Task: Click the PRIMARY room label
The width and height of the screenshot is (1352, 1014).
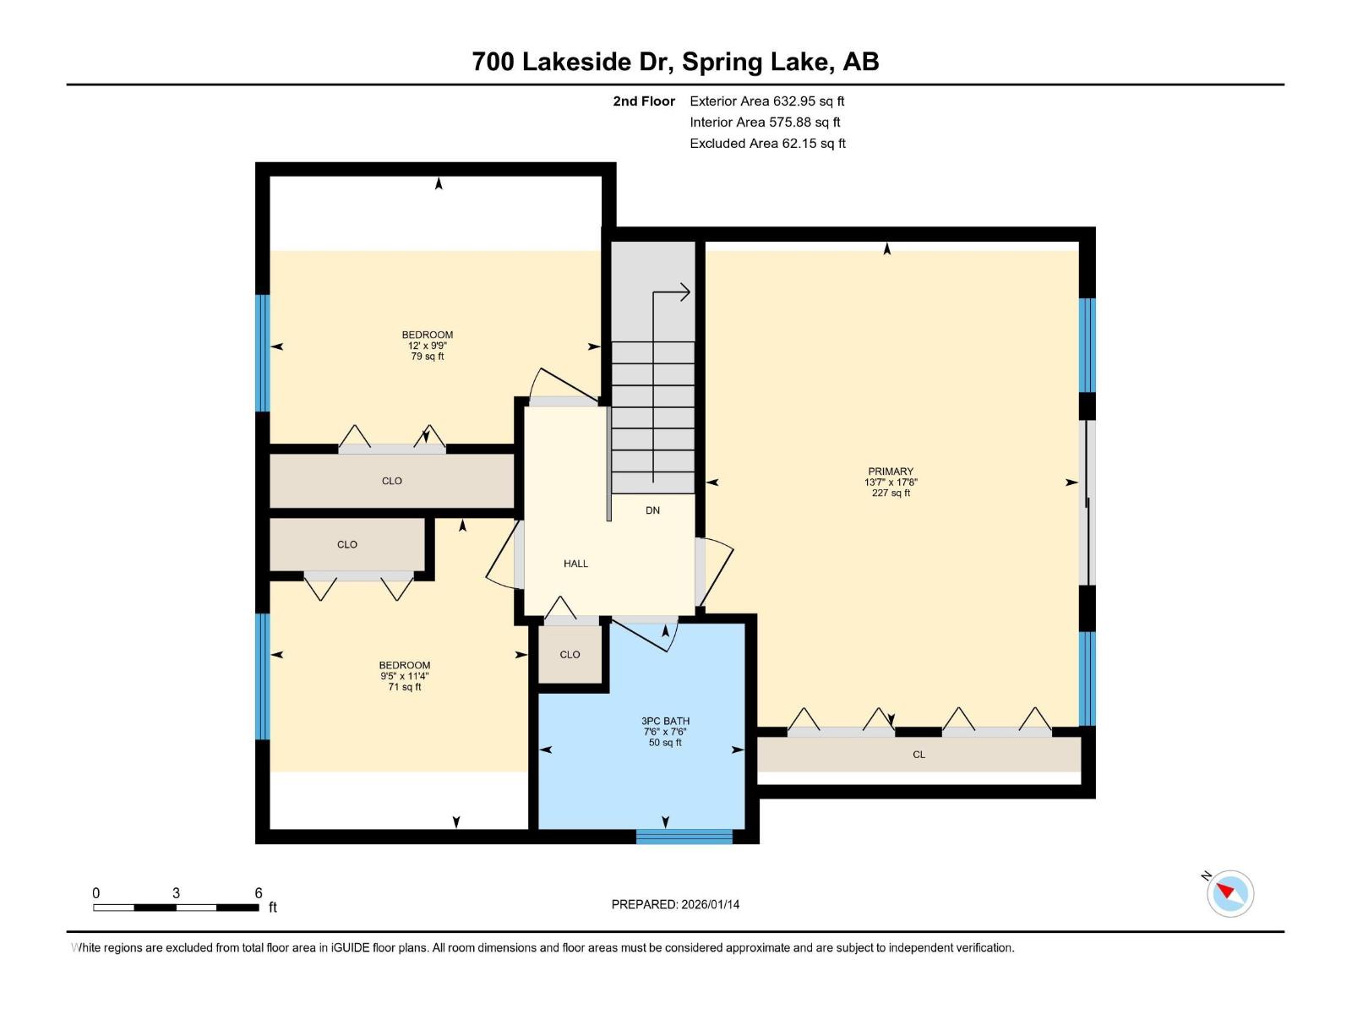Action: [x=891, y=472]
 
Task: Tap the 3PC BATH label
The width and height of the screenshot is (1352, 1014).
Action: [x=665, y=721]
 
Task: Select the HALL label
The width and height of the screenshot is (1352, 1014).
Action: [x=575, y=564]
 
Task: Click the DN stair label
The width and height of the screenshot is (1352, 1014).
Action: [x=652, y=510]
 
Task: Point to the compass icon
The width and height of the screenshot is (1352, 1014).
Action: [x=1229, y=893]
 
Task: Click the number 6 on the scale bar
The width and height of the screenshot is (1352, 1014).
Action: [x=259, y=893]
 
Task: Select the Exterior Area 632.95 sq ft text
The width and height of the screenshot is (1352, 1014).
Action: [x=766, y=101]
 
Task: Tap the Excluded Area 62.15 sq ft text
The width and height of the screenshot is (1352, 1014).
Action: [x=766, y=144]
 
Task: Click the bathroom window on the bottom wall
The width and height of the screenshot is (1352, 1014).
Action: [x=684, y=837]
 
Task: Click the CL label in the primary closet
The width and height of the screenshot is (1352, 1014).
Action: [x=919, y=755]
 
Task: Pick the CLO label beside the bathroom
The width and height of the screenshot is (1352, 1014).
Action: [x=570, y=655]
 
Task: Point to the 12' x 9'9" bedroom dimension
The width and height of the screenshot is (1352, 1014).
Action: [x=427, y=346]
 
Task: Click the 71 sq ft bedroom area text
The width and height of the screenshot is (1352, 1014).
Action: [x=404, y=687]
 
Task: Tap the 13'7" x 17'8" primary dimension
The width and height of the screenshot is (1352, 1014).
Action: [x=891, y=482]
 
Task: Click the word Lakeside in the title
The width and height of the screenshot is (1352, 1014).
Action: [x=576, y=62]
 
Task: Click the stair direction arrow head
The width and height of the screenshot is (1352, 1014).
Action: [x=685, y=292]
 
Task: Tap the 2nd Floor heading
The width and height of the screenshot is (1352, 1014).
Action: [x=644, y=101]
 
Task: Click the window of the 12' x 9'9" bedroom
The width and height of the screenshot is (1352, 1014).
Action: [x=263, y=352]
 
